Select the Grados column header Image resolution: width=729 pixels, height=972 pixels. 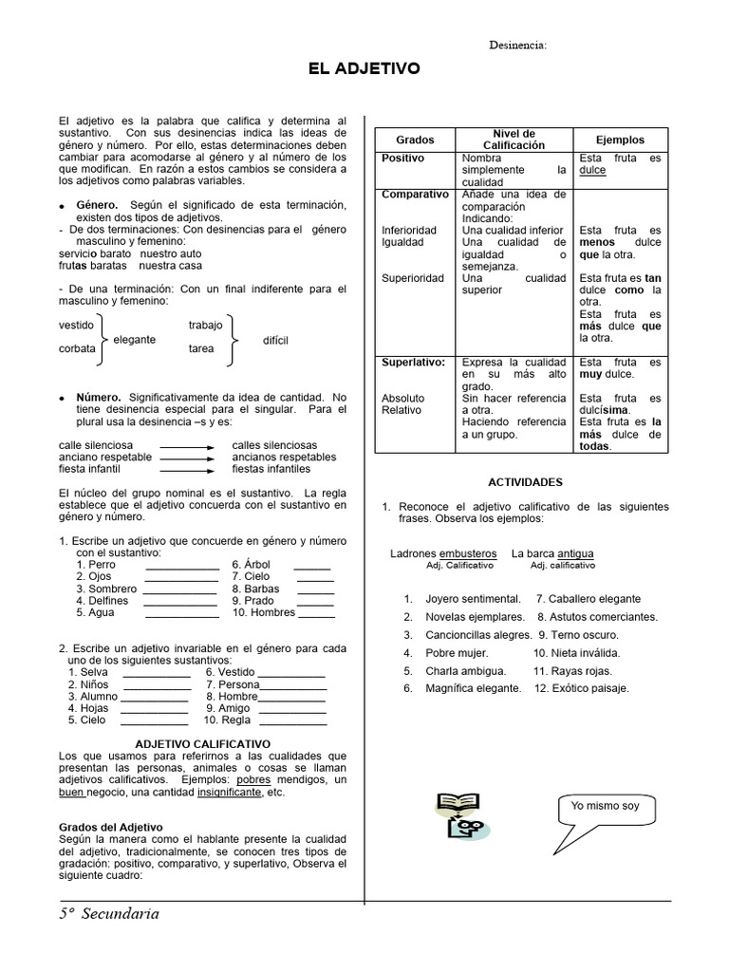click(x=414, y=140)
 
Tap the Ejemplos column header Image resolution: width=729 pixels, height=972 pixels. click(x=620, y=140)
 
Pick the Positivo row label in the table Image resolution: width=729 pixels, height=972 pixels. click(x=403, y=158)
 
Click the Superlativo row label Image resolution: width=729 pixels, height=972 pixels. click(x=413, y=363)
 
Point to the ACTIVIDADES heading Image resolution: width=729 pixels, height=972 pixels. click(x=525, y=482)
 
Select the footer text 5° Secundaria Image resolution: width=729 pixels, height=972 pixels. click(x=107, y=914)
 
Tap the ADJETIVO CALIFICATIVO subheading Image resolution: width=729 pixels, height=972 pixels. click(x=202, y=743)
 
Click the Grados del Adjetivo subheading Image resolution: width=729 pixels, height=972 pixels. click(x=110, y=827)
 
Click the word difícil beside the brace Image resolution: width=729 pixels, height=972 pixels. click(x=275, y=340)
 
